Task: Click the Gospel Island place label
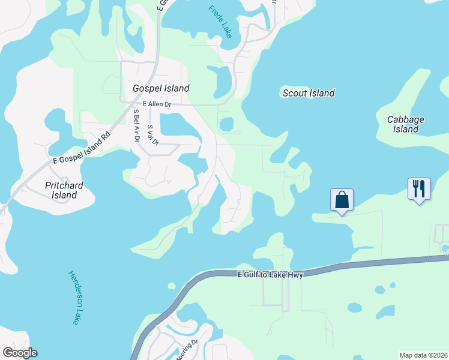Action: click(x=161, y=88)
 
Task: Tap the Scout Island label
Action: click(x=309, y=93)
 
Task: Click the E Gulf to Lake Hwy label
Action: click(x=270, y=274)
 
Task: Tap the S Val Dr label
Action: click(x=152, y=135)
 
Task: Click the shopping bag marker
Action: click(x=342, y=199)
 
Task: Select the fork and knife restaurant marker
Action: click(x=419, y=189)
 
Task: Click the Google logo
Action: click(x=19, y=353)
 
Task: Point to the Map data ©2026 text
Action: click(x=423, y=355)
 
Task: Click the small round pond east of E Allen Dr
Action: click(x=226, y=125)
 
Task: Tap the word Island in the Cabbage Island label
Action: click(x=406, y=129)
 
